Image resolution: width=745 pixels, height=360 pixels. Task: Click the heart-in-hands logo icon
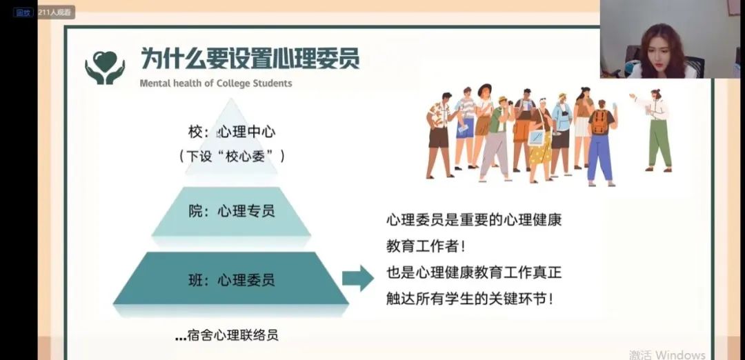pos(105,68)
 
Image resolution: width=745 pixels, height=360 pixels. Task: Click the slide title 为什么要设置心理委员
pos(250,59)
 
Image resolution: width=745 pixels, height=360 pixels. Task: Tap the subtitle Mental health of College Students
pos(216,83)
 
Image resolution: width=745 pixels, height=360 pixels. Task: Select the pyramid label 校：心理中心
pos(231,132)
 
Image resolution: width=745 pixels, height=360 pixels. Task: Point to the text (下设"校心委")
pos(231,157)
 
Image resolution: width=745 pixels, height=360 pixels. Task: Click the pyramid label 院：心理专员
pos(231,211)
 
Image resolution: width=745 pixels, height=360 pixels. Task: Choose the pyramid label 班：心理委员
pos(231,280)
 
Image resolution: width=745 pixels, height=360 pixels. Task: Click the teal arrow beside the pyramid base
pos(358,279)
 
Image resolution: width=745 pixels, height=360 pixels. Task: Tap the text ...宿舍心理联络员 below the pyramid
pos(227,335)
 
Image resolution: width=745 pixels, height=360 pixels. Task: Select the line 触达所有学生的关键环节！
pos(470,299)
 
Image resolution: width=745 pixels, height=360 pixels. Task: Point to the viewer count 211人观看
pos(56,12)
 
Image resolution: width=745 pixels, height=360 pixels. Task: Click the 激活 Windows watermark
pos(667,354)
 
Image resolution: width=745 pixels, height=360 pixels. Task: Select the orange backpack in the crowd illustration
pos(599,122)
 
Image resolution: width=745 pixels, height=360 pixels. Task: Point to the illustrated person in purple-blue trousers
pos(600,143)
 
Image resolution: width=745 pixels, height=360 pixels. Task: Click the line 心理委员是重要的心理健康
pos(474,221)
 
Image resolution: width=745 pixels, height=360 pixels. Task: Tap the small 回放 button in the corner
pos(23,13)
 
